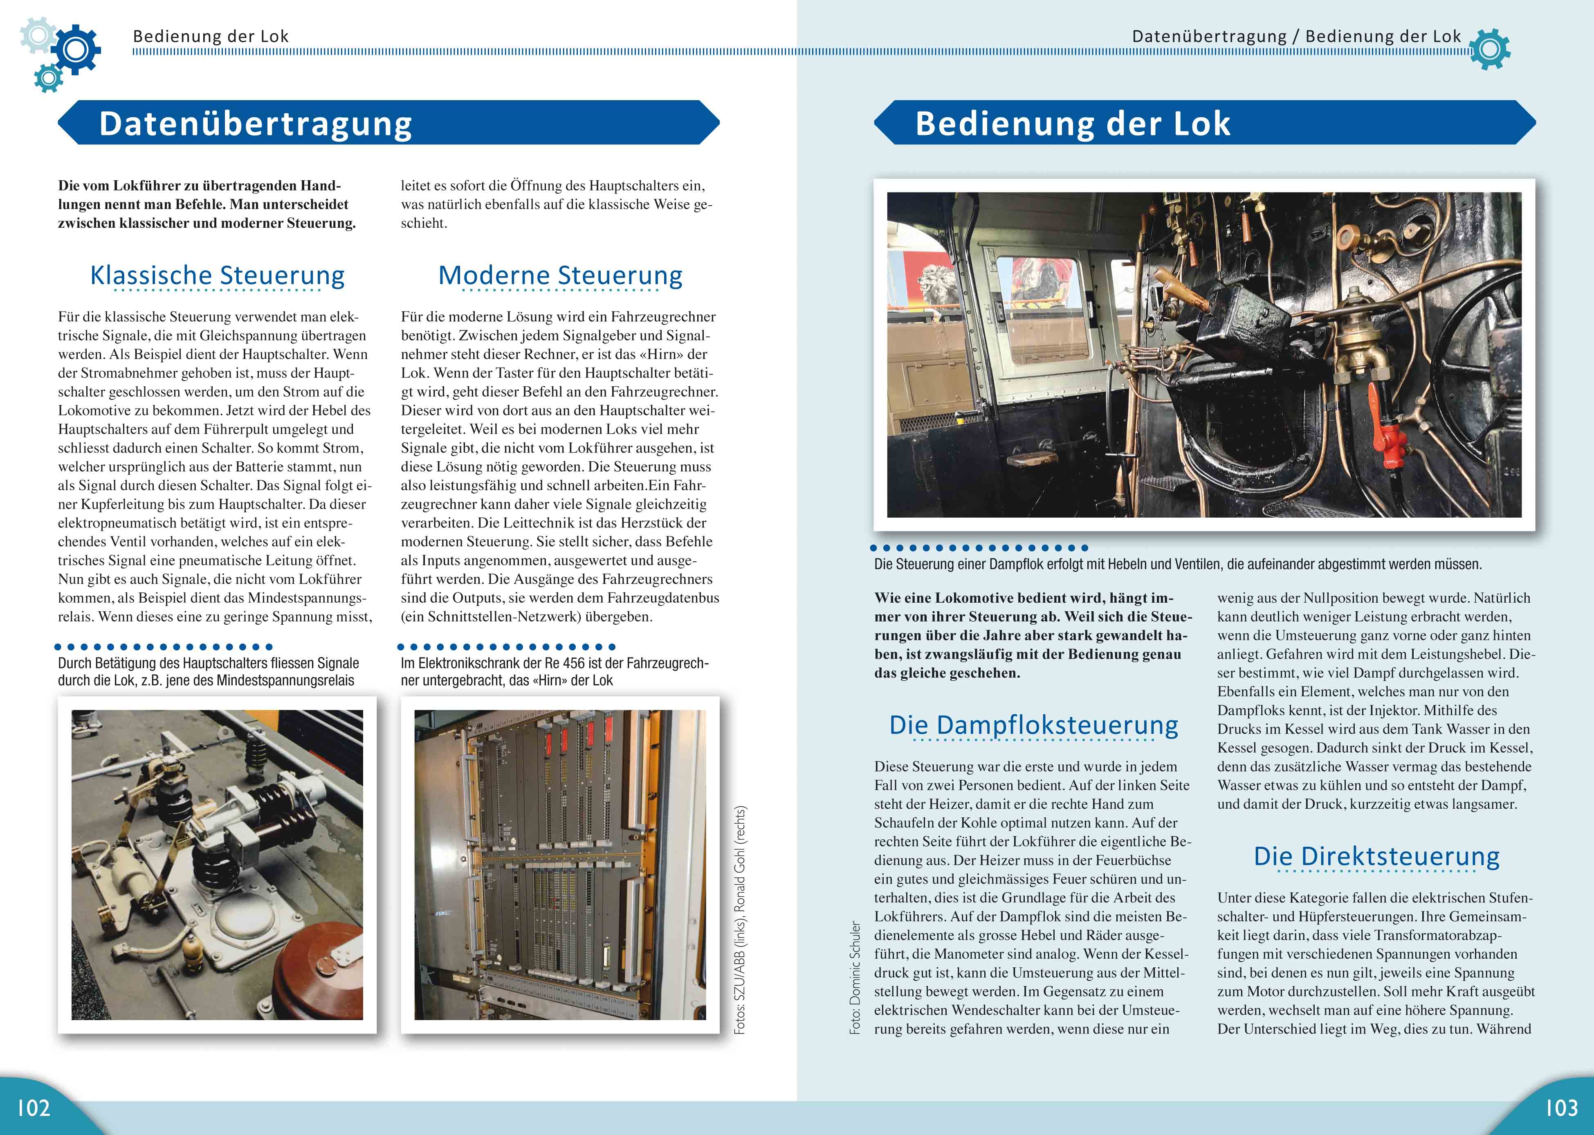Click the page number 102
[x=34, y=1108]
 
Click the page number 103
[x=1560, y=1108]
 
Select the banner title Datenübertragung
[x=256, y=124]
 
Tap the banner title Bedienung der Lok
[x=1073, y=124]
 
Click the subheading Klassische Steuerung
[x=217, y=275]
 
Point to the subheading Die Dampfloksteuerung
[x=1033, y=725]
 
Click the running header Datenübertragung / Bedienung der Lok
[x=1296, y=36]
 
